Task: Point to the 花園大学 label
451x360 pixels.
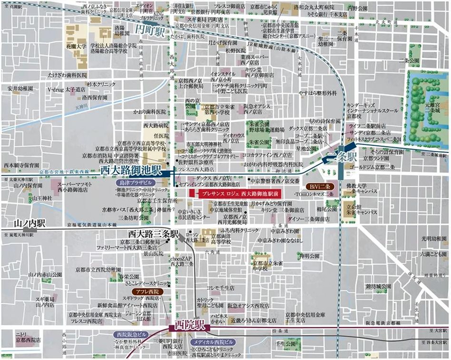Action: [76, 47]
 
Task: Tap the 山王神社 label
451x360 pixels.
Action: [43, 198]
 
